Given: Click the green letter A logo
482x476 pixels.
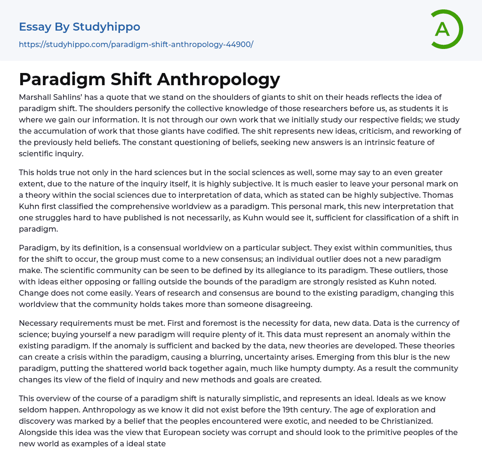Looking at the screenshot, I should (446, 29).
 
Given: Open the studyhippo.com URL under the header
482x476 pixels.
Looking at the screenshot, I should (136, 44).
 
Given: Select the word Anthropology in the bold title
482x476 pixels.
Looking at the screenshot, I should (218, 79).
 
